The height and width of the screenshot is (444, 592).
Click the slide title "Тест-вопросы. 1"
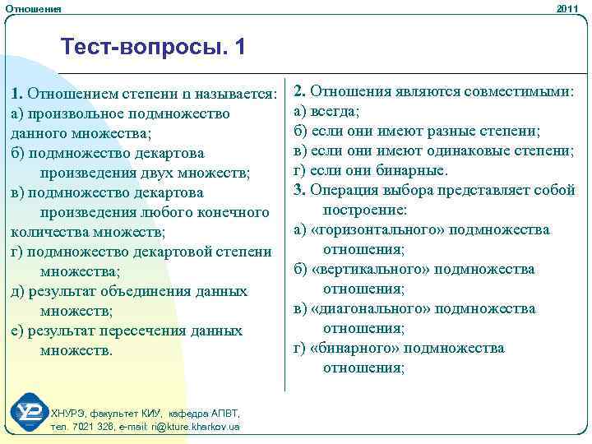[152, 48]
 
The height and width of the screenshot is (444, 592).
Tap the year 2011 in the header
[567, 8]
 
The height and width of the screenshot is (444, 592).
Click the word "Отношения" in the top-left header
[32, 8]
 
